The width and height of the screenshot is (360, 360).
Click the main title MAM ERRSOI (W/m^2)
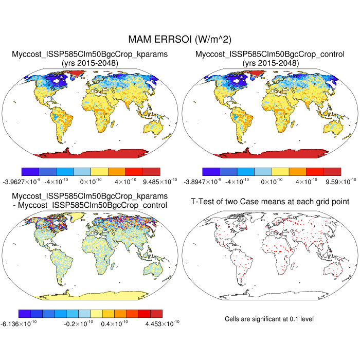(x=180, y=40)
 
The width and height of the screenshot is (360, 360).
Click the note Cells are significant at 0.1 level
(x=269, y=319)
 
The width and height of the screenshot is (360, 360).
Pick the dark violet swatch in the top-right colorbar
(x=211, y=171)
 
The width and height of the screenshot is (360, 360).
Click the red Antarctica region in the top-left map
(x=98, y=154)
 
